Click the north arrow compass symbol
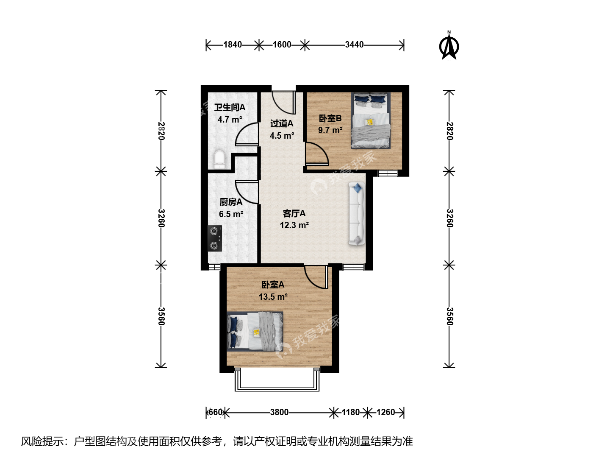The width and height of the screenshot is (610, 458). [449, 45]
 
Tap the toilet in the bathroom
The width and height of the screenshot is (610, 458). [219, 159]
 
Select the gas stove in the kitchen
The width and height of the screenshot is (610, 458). [215, 238]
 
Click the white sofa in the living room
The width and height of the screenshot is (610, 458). [357, 214]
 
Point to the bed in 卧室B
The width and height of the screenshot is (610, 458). [370, 120]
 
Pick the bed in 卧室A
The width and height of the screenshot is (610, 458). [255, 331]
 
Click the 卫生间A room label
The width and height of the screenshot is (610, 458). [230, 107]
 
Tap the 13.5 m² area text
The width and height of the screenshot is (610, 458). [273, 297]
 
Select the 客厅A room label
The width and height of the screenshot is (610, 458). [294, 213]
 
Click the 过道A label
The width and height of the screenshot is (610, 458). [282, 123]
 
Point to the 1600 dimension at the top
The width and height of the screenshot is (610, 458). [282, 45]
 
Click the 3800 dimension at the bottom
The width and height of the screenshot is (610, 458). [279, 412]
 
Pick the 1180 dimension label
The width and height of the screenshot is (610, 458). [351, 412]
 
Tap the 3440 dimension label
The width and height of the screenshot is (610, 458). [354, 45]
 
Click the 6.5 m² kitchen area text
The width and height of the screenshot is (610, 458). [231, 214]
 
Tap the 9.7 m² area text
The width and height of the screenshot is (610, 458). [330, 130]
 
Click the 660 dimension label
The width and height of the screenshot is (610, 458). [215, 412]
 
